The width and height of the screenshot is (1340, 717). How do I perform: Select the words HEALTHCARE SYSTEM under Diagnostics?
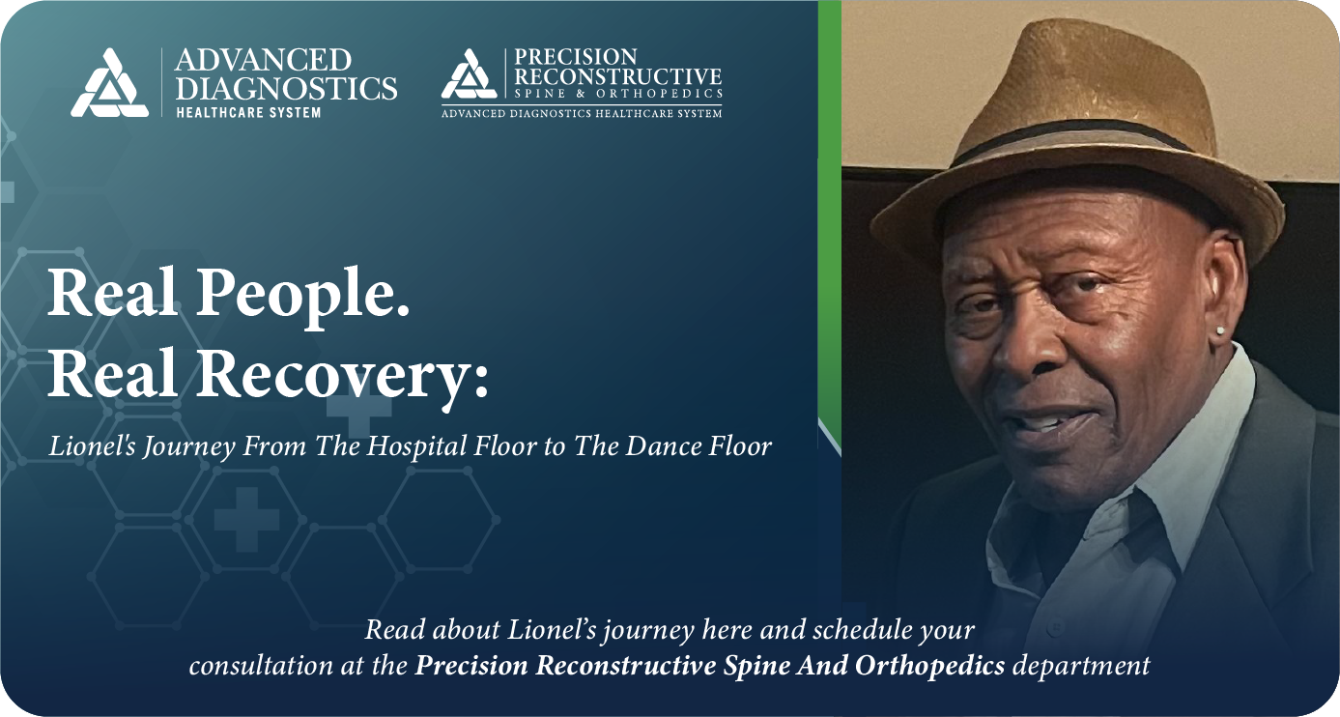[248, 112]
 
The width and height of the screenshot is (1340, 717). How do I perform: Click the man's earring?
[1221, 331]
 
